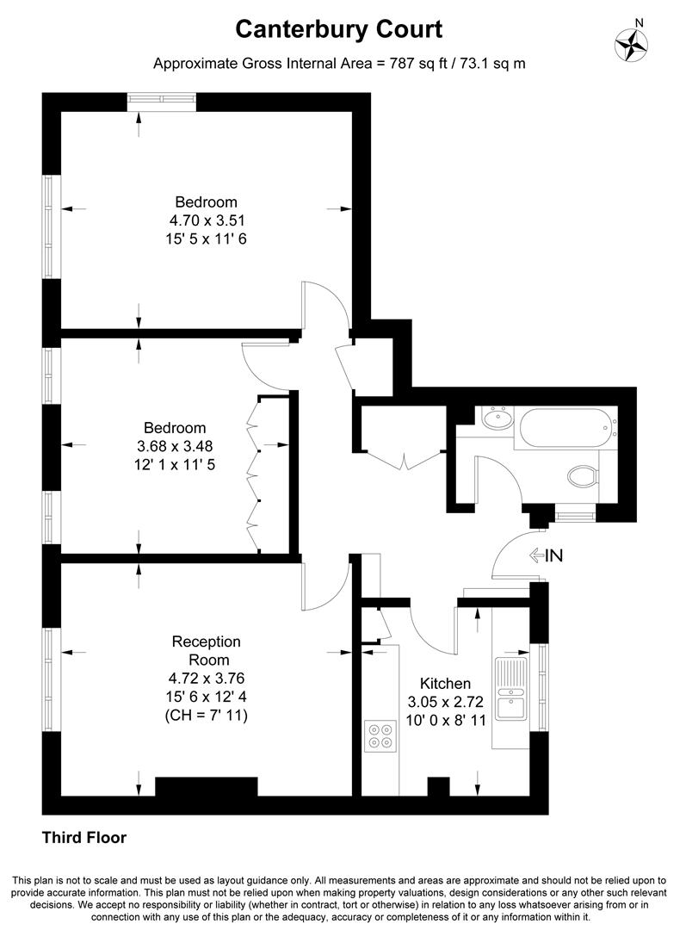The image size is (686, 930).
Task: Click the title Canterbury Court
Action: pyautogui.click(x=339, y=30)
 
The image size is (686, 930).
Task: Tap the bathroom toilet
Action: pyautogui.click(x=584, y=475)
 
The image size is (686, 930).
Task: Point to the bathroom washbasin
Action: pyautogui.click(x=497, y=420)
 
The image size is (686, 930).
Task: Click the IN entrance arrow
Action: pyautogui.click(x=546, y=556)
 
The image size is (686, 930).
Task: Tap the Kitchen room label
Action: pyautogui.click(x=447, y=683)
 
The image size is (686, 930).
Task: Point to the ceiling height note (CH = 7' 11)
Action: pyautogui.click(x=206, y=715)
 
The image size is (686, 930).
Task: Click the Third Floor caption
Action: pyautogui.click(x=84, y=837)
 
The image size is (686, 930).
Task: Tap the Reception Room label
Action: pyautogui.click(x=206, y=651)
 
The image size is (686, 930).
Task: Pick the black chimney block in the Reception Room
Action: pyautogui.click(x=206, y=787)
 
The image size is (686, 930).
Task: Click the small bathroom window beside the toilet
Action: pyautogui.click(x=575, y=515)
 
